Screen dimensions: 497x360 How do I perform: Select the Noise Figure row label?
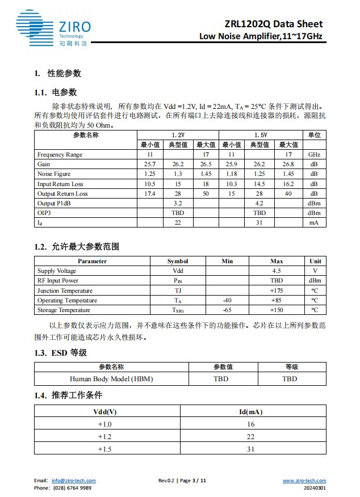[x=54, y=174]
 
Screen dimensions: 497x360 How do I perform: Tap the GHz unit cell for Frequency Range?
[x=314, y=154]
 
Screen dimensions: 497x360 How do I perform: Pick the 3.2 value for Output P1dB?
[x=178, y=203]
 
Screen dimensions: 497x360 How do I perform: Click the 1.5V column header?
[x=260, y=135]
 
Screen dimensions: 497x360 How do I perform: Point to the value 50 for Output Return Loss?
[x=206, y=193]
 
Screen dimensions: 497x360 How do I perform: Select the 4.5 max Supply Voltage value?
[x=277, y=271]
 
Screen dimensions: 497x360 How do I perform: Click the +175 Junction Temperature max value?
[x=277, y=290]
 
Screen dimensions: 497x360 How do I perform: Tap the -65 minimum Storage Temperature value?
[x=227, y=310]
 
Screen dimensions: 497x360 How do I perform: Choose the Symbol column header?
[x=178, y=261]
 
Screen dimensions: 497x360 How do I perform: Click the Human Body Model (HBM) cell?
[x=111, y=378]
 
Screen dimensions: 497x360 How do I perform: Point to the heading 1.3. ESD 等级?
[x=60, y=353]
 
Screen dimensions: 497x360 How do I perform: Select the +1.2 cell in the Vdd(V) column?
[x=105, y=436]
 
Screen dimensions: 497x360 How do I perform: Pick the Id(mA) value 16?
[x=251, y=424]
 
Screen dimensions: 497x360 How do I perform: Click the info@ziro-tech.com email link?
[x=73, y=481]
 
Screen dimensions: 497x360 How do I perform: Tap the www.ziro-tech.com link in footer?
[x=304, y=481]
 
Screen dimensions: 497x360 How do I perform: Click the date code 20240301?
[x=315, y=487]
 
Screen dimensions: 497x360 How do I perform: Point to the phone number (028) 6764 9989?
[x=71, y=487]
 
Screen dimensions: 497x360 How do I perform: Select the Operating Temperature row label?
[x=67, y=301]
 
